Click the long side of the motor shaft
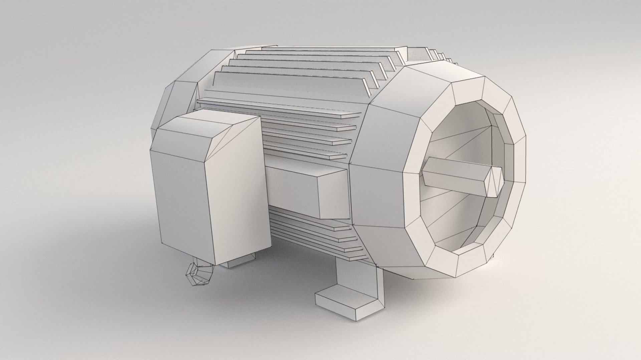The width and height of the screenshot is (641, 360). click(454, 177)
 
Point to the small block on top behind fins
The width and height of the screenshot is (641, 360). click(417, 55)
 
